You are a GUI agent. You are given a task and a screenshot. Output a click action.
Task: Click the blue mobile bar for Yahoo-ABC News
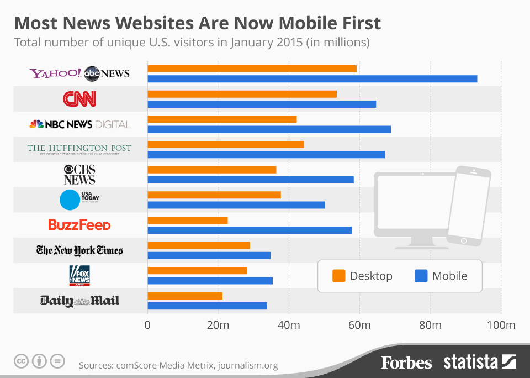312,79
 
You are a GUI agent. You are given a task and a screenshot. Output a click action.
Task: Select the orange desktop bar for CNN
242,94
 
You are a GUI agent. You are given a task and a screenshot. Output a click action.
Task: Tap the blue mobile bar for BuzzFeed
250,230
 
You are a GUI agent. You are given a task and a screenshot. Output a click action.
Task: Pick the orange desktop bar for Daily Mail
185,296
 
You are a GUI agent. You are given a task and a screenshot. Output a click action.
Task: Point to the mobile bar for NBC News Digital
269,129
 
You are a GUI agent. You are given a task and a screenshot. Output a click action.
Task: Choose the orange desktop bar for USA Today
214,195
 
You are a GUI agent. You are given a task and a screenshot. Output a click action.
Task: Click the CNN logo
79,99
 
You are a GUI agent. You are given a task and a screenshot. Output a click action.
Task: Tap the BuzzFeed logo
79,225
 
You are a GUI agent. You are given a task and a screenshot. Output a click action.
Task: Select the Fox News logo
79,275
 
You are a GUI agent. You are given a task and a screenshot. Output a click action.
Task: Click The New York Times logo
79,250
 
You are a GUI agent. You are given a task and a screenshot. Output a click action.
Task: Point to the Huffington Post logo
79,149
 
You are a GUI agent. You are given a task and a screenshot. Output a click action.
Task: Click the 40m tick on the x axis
289,325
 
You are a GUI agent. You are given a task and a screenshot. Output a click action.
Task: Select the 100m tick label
501,325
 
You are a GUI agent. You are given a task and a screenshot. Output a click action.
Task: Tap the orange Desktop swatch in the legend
338,276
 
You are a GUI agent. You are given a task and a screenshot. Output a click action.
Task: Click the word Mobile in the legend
449,276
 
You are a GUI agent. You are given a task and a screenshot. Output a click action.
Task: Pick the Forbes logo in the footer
406,363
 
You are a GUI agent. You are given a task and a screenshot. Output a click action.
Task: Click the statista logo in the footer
479,363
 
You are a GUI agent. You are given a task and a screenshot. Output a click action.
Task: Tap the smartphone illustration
468,206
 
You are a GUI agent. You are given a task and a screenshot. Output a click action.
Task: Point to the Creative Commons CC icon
21,361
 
